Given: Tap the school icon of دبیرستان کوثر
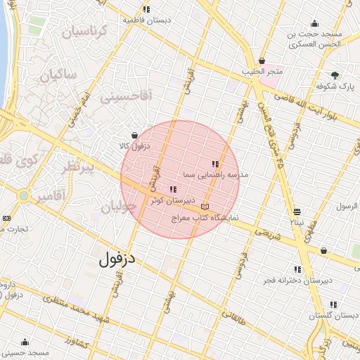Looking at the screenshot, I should [x=173, y=189].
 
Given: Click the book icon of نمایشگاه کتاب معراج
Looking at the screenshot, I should [x=205, y=207].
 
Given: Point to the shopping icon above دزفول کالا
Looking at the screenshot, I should [x=134, y=135].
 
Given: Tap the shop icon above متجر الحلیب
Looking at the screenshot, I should [x=262, y=61].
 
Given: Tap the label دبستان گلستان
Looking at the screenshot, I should [x=333, y=316].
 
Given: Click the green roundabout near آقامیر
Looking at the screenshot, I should [x=25, y=195].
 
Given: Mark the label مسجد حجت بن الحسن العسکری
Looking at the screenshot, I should [x=315, y=39].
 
